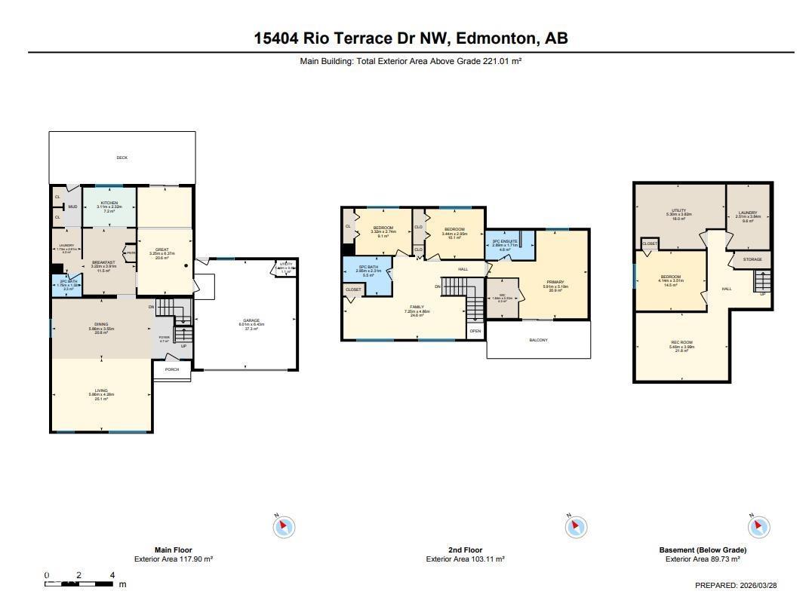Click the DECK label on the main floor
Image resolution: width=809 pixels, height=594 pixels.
point(122,158)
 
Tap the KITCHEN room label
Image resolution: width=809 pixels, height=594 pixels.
point(109,203)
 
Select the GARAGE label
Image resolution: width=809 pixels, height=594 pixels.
point(251,320)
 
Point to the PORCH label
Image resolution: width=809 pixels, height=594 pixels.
point(172,370)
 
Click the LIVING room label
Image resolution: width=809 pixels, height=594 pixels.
point(101,390)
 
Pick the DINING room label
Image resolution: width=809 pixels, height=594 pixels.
point(101,324)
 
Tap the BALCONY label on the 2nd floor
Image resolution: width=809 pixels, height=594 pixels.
point(538,340)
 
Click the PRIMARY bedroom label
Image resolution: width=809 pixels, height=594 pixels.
point(555,283)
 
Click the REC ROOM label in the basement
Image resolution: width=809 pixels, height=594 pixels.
point(681,343)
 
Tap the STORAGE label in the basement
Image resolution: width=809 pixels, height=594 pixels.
point(752,259)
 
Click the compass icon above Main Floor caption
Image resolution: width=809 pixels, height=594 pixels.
point(284,526)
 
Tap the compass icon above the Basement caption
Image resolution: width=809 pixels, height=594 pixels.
point(759,526)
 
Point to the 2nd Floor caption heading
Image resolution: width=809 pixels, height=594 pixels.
point(465,550)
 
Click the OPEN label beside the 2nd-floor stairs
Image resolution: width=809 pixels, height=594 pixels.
point(475,331)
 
